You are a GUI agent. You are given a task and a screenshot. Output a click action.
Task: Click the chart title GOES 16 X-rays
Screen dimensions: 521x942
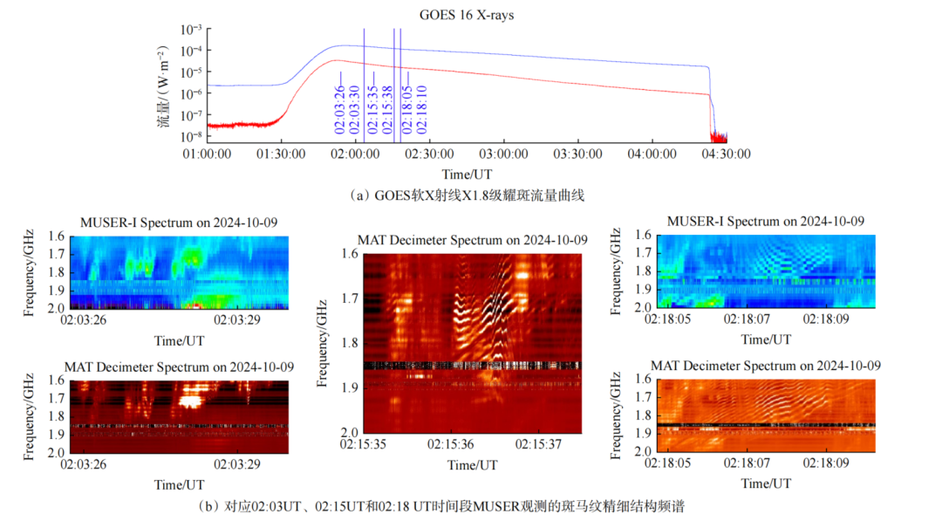460,13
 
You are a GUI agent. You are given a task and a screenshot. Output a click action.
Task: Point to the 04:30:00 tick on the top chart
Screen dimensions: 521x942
727,154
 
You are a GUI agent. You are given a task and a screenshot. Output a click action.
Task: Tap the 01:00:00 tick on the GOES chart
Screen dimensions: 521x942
207,154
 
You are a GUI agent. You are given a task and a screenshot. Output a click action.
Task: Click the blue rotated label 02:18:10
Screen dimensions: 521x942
422,108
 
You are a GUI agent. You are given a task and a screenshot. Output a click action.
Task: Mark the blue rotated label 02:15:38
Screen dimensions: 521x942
384,108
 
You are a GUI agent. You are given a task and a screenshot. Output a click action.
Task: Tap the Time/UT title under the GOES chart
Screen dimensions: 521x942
467,174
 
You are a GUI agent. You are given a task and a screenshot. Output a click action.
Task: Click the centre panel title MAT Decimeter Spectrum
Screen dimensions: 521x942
472,240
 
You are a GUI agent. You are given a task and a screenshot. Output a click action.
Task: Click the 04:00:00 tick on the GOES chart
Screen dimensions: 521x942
653,154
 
